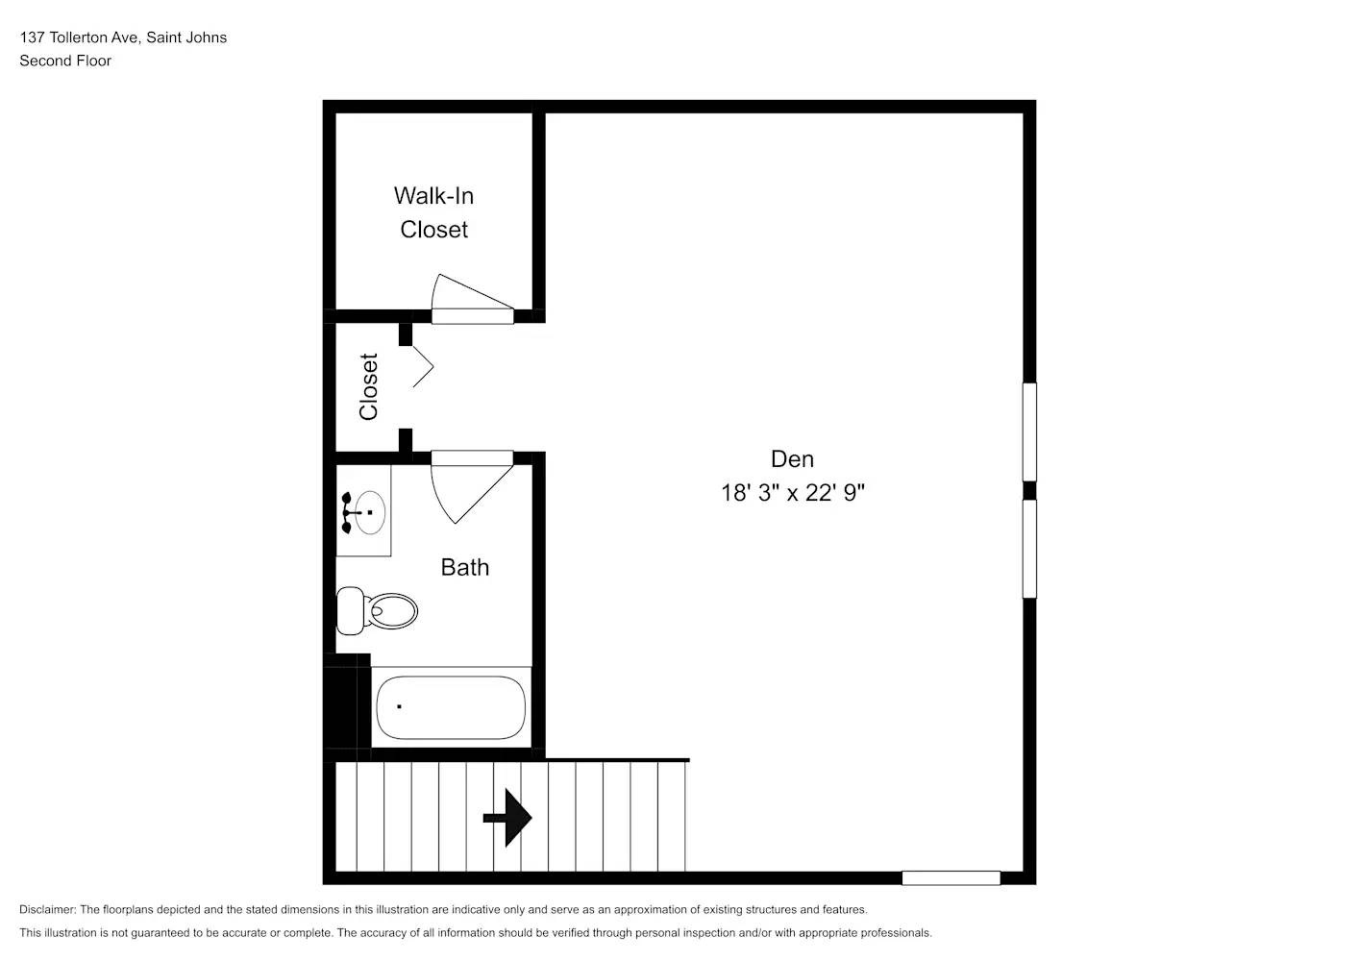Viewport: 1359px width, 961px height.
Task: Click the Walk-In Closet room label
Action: pyautogui.click(x=433, y=212)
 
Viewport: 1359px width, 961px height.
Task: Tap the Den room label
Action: pyautogui.click(x=792, y=459)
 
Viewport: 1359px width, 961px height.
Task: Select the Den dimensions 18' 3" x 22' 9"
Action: pyautogui.click(x=793, y=493)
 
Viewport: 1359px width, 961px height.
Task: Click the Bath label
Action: pyautogui.click(x=465, y=568)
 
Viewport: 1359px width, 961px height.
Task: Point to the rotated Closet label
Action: pyautogui.click(x=369, y=387)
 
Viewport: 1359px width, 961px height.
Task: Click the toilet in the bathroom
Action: pyautogui.click(x=378, y=610)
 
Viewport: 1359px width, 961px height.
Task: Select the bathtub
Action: pyautogui.click(x=450, y=707)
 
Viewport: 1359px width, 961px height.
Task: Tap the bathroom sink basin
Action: pyautogui.click(x=368, y=512)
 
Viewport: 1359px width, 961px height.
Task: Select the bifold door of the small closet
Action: pyautogui.click(x=422, y=366)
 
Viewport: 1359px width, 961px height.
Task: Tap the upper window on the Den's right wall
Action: pyautogui.click(x=1029, y=431)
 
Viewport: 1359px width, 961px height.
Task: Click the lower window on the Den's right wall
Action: pyautogui.click(x=1029, y=549)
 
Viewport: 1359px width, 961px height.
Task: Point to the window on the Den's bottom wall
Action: pyautogui.click(x=951, y=877)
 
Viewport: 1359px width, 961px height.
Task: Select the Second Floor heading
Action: pyautogui.click(x=65, y=61)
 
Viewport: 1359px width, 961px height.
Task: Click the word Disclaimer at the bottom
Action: pyautogui.click(x=47, y=909)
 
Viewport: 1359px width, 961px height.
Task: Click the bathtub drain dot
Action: pyautogui.click(x=399, y=706)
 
